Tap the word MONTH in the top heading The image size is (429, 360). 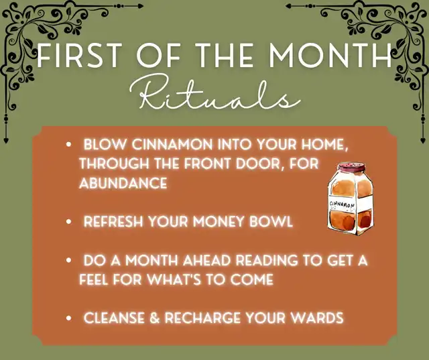330,56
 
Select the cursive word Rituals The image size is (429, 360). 215,93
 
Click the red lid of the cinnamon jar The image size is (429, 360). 351,167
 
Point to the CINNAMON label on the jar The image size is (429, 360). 342,204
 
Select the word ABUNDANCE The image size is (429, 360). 123,183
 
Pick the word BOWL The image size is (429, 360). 271,221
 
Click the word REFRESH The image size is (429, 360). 113,221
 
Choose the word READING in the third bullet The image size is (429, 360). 267,260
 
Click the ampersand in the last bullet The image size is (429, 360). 155,318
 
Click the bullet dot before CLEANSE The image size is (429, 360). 68,318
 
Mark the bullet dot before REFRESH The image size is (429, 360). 68,222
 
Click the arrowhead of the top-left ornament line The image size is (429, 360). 141,6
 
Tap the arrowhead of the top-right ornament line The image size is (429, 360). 288,6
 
